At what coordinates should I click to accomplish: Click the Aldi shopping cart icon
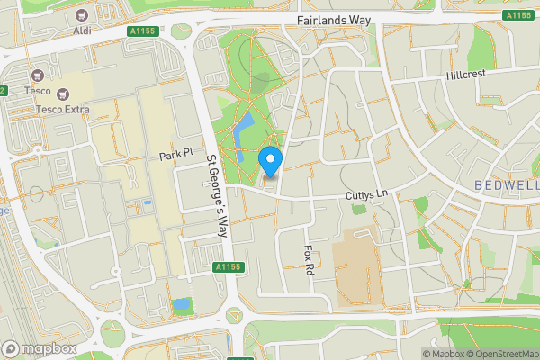pyautogui.click(x=83, y=15)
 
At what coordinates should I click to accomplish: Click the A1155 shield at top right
pyautogui.click(x=517, y=15)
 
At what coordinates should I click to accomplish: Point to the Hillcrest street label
pyautogui.click(x=465, y=76)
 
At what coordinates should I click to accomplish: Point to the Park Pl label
pyautogui.click(x=176, y=157)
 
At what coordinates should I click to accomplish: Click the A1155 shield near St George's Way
pyautogui.click(x=228, y=267)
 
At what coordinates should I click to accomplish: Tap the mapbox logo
pyautogui.click(x=40, y=348)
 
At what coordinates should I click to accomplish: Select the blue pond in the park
pyautogui.click(x=243, y=131)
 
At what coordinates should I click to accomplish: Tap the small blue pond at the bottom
pyautogui.click(x=183, y=304)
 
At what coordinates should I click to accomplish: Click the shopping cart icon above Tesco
pyautogui.click(x=38, y=76)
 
